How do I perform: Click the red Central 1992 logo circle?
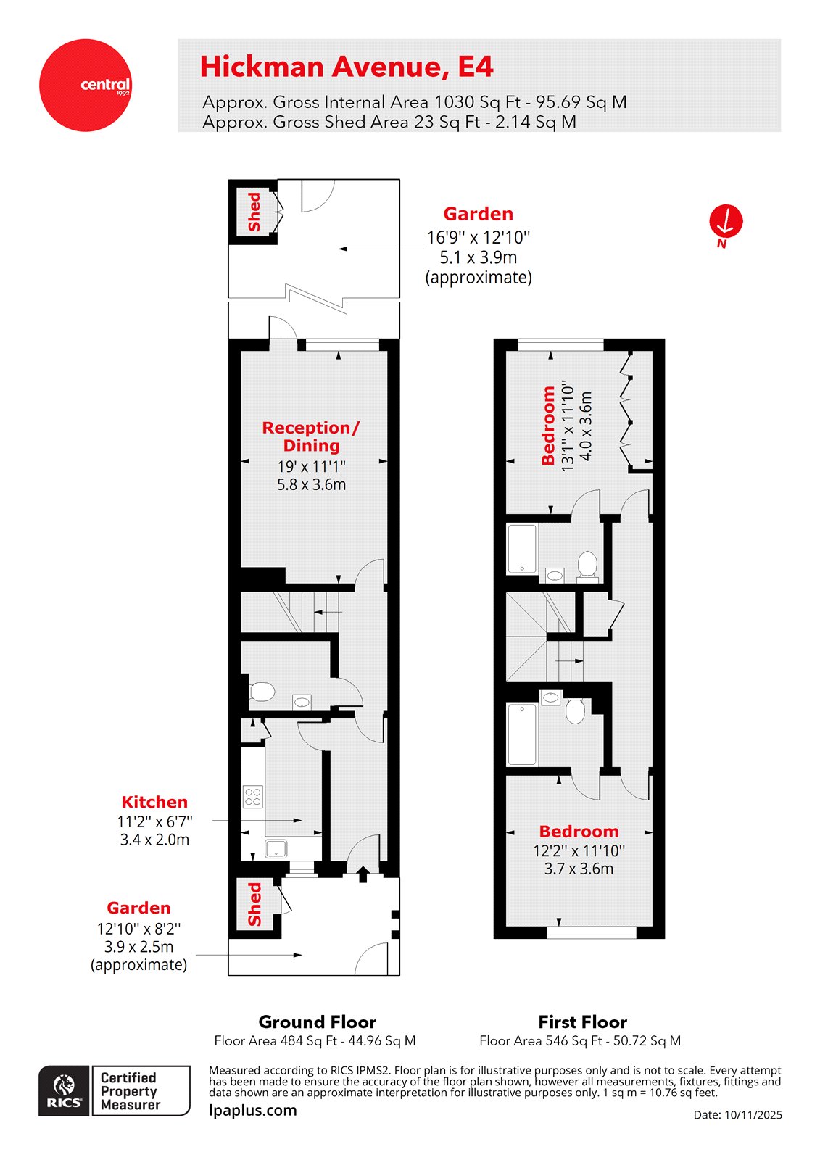coord(85,86)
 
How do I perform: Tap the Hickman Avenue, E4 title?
coord(346,67)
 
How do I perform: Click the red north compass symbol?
coord(726,222)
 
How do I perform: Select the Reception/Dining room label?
coord(311,436)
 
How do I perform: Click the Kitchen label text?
coord(154,802)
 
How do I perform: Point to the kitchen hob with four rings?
coord(253,796)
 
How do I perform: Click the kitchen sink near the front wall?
coord(276,848)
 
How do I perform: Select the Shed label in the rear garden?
coord(254,212)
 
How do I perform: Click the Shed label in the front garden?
coord(254,903)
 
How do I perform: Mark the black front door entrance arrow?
coord(363,874)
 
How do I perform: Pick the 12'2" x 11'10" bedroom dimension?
coord(579,850)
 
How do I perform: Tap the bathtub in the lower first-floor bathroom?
coord(522,734)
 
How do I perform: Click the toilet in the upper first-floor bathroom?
coord(587,564)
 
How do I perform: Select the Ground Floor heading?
coord(317,1022)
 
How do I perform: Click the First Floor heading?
coord(582,1022)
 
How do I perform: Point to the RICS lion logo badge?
coord(65,1090)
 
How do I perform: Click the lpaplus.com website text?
coord(252,1110)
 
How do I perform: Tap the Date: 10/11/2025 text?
coord(737,1115)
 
